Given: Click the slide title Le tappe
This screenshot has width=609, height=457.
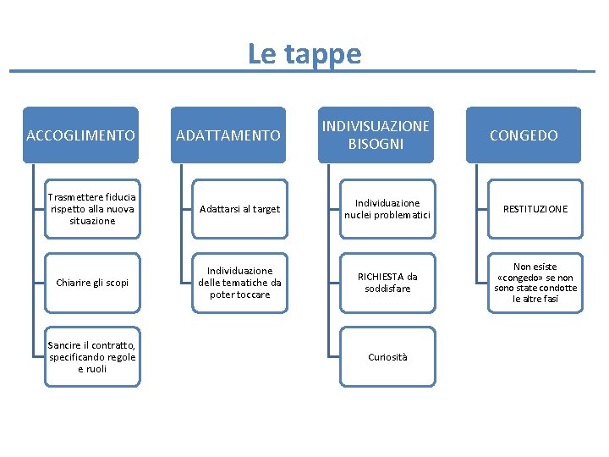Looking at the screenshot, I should pos(304,53).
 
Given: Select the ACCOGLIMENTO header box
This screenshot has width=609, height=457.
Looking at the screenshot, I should pos(80,135).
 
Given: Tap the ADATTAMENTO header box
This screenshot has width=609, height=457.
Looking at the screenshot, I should pos(228,135).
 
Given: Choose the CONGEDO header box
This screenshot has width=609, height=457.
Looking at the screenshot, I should pos(524,135).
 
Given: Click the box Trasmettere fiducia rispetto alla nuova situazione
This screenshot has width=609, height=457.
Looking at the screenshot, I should pos(92,208).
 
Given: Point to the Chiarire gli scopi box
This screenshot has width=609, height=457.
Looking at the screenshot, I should pos(92,283).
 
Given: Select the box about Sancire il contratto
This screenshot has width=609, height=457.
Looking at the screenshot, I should pos(92,356).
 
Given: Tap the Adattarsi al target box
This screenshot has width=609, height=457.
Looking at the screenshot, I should pos(239,209).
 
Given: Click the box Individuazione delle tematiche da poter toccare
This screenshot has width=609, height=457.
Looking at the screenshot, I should pos(239,283).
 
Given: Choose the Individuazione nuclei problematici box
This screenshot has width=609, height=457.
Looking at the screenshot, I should pos(387,209).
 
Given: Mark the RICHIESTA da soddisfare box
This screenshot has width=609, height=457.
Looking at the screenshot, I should pos(387,283).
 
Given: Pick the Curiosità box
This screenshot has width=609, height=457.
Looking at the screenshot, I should pos(387,356).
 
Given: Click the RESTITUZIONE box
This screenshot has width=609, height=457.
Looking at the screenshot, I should pos(535,209).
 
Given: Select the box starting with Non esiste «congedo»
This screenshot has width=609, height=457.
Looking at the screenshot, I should pos(535,283).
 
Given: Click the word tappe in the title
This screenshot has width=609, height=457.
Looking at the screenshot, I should pos(323,54).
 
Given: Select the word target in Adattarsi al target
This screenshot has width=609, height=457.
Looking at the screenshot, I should pos(265,209).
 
